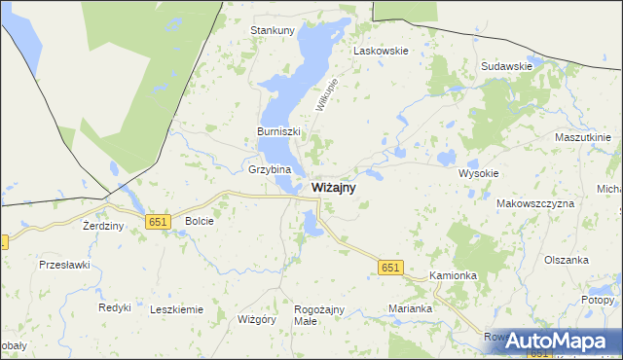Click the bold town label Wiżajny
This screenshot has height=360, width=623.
pyautogui.click(x=333, y=188)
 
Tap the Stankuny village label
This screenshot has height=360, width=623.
pyautogui.click(x=273, y=30)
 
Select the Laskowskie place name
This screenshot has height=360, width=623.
pyautogui.click(x=381, y=50)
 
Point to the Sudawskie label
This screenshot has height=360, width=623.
pyautogui.click(x=506, y=66)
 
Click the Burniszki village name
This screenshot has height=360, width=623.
pyautogui.click(x=278, y=131)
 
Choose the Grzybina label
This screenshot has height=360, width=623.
pyautogui.click(x=270, y=168)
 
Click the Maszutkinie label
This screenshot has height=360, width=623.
pyautogui.click(x=582, y=137)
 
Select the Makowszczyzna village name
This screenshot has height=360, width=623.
pyautogui.click(x=535, y=203)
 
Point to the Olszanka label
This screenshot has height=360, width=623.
pyautogui.click(x=567, y=260)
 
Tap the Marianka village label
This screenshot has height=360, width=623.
pyautogui.click(x=410, y=308)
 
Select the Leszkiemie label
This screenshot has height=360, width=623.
pyautogui.click(x=177, y=309)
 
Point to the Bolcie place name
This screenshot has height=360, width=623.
pyautogui.click(x=199, y=221)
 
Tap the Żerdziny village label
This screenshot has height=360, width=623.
pyautogui.click(x=103, y=226)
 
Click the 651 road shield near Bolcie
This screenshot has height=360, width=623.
pyautogui.click(x=159, y=222)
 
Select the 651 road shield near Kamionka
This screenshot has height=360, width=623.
pyautogui.click(x=390, y=268)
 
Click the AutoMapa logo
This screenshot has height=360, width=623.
pyautogui.click(x=559, y=341)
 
